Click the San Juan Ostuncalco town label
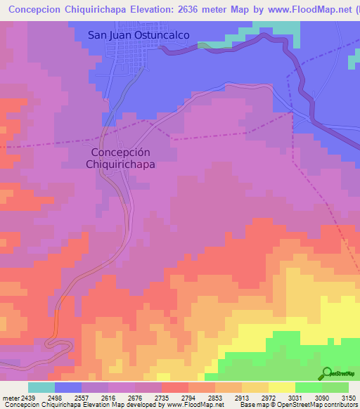(139, 34)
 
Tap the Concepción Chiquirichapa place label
(120, 157)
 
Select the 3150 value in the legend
(348, 398)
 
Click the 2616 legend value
(95, 398)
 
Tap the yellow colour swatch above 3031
(281, 387)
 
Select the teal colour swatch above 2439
(41, 387)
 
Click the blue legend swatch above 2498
(68, 387)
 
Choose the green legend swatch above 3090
(308, 387)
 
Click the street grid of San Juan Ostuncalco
(127, 56)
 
